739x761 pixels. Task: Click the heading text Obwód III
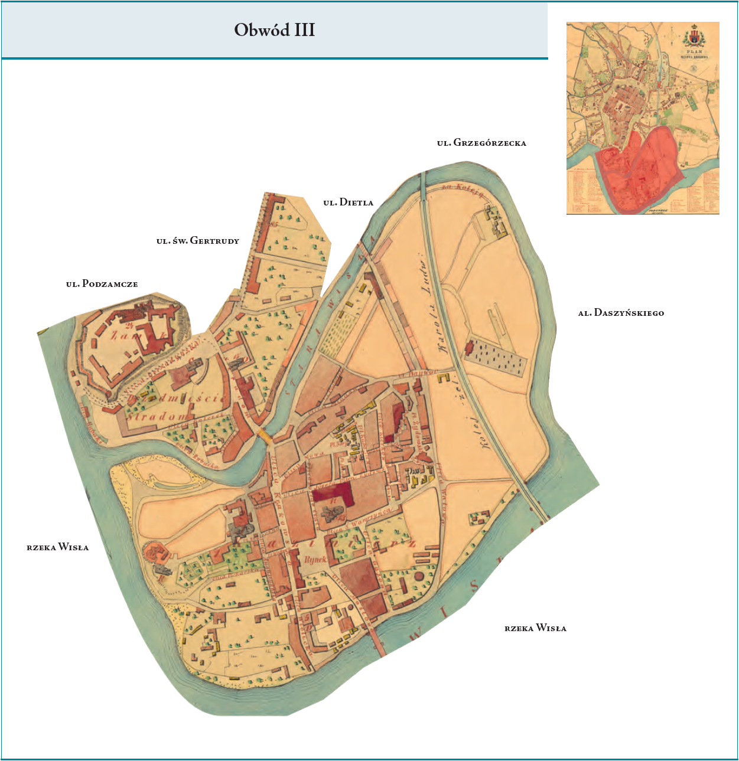tap(275, 30)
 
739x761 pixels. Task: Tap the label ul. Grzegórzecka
tap(481, 143)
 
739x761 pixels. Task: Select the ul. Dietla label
tap(349, 203)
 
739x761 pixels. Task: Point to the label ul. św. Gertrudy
tap(198, 241)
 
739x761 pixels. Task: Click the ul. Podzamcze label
tap(102, 284)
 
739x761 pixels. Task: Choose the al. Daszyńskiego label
tap(621, 313)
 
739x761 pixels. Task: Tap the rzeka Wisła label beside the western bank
tap(58, 547)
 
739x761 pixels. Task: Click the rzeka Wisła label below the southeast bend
tap(535, 628)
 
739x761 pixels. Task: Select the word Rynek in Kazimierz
tap(315, 558)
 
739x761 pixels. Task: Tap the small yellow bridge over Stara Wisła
tap(264, 437)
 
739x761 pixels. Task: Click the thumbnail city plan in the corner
tap(643, 118)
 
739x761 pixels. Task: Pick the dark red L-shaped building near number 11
tap(334, 493)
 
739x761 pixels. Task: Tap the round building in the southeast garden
tap(419, 575)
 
